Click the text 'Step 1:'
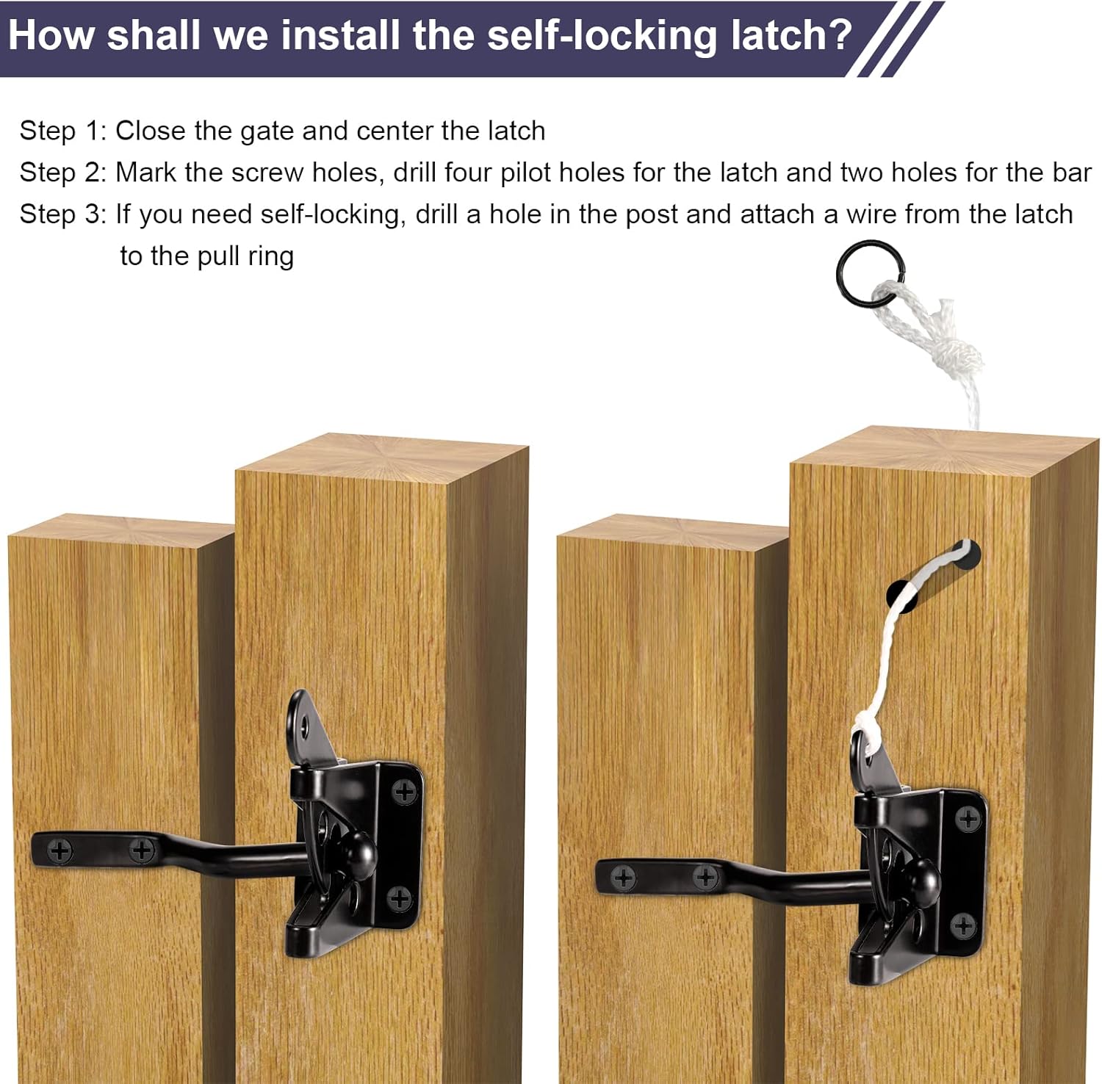(x=63, y=131)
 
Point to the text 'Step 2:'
(x=63, y=173)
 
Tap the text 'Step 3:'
(x=63, y=214)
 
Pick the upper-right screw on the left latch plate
(x=404, y=792)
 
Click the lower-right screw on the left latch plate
(x=399, y=897)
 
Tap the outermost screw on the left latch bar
(x=60, y=851)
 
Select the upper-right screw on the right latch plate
(x=968, y=818)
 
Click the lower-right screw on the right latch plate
(x=962, y=925)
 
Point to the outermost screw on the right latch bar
(x=623, y=878)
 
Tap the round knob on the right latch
(x=921, y=880)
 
